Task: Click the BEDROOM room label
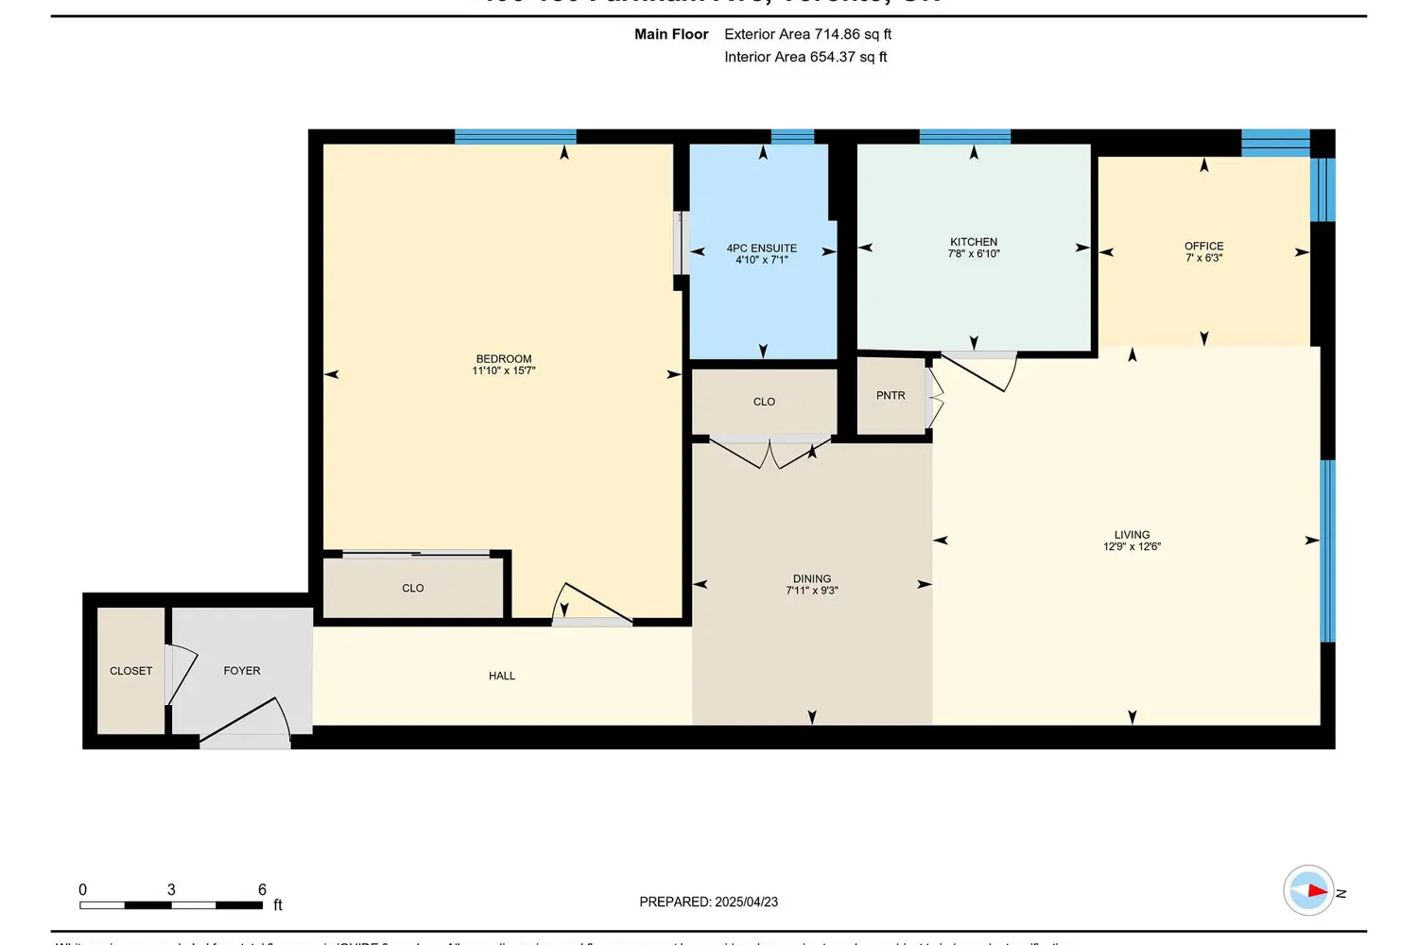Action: pos(504,359)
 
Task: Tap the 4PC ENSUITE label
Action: pos(761,249)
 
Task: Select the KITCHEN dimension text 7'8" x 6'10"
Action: pos(974,254)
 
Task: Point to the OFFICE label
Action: pos(1203,246)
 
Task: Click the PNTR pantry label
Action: pos(891,396)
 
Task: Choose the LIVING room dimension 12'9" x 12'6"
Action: pos(1132,547)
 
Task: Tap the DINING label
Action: pos(811,578)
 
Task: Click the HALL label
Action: pos(502,676)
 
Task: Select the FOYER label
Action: pos(242,671)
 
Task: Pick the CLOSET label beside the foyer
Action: pos(130,671)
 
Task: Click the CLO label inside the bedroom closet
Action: pos(413,588)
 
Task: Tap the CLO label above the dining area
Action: pos(764,402)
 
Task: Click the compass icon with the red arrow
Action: pos(1308,890)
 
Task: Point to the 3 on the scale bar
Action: pos(171,890)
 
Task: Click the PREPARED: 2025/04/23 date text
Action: pos(708,902)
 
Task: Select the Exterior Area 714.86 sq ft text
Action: pos(807,34)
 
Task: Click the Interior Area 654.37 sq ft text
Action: pos(805,57)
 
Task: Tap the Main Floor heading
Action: pos(671,34)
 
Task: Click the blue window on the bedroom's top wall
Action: pos(515,137)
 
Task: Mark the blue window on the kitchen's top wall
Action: pos(964,137)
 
